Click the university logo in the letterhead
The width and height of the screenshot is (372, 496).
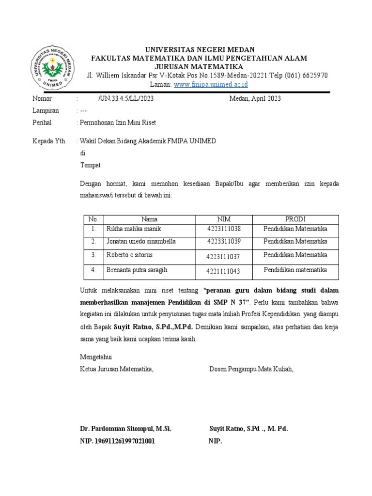[53, 69]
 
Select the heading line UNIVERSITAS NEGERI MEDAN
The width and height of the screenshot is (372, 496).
[199, 50]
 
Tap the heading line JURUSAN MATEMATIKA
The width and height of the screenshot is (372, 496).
[199, 66]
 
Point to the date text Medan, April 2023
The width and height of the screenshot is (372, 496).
[255, 98]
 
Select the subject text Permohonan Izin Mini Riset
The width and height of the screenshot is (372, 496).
[118, 123]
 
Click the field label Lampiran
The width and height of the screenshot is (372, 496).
[46, 110]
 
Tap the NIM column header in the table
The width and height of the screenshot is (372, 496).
[224, 219]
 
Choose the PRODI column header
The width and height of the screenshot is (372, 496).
[295, 219]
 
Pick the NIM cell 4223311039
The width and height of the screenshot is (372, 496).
[223, 241]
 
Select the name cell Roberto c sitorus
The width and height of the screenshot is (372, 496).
[129, 254]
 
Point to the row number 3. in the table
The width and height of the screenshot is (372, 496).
[94, 254]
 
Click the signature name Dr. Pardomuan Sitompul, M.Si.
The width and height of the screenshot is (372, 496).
[125, 429]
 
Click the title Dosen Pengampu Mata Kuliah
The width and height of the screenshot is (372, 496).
[251, 369]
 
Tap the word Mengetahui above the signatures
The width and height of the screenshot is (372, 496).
[96, 357]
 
